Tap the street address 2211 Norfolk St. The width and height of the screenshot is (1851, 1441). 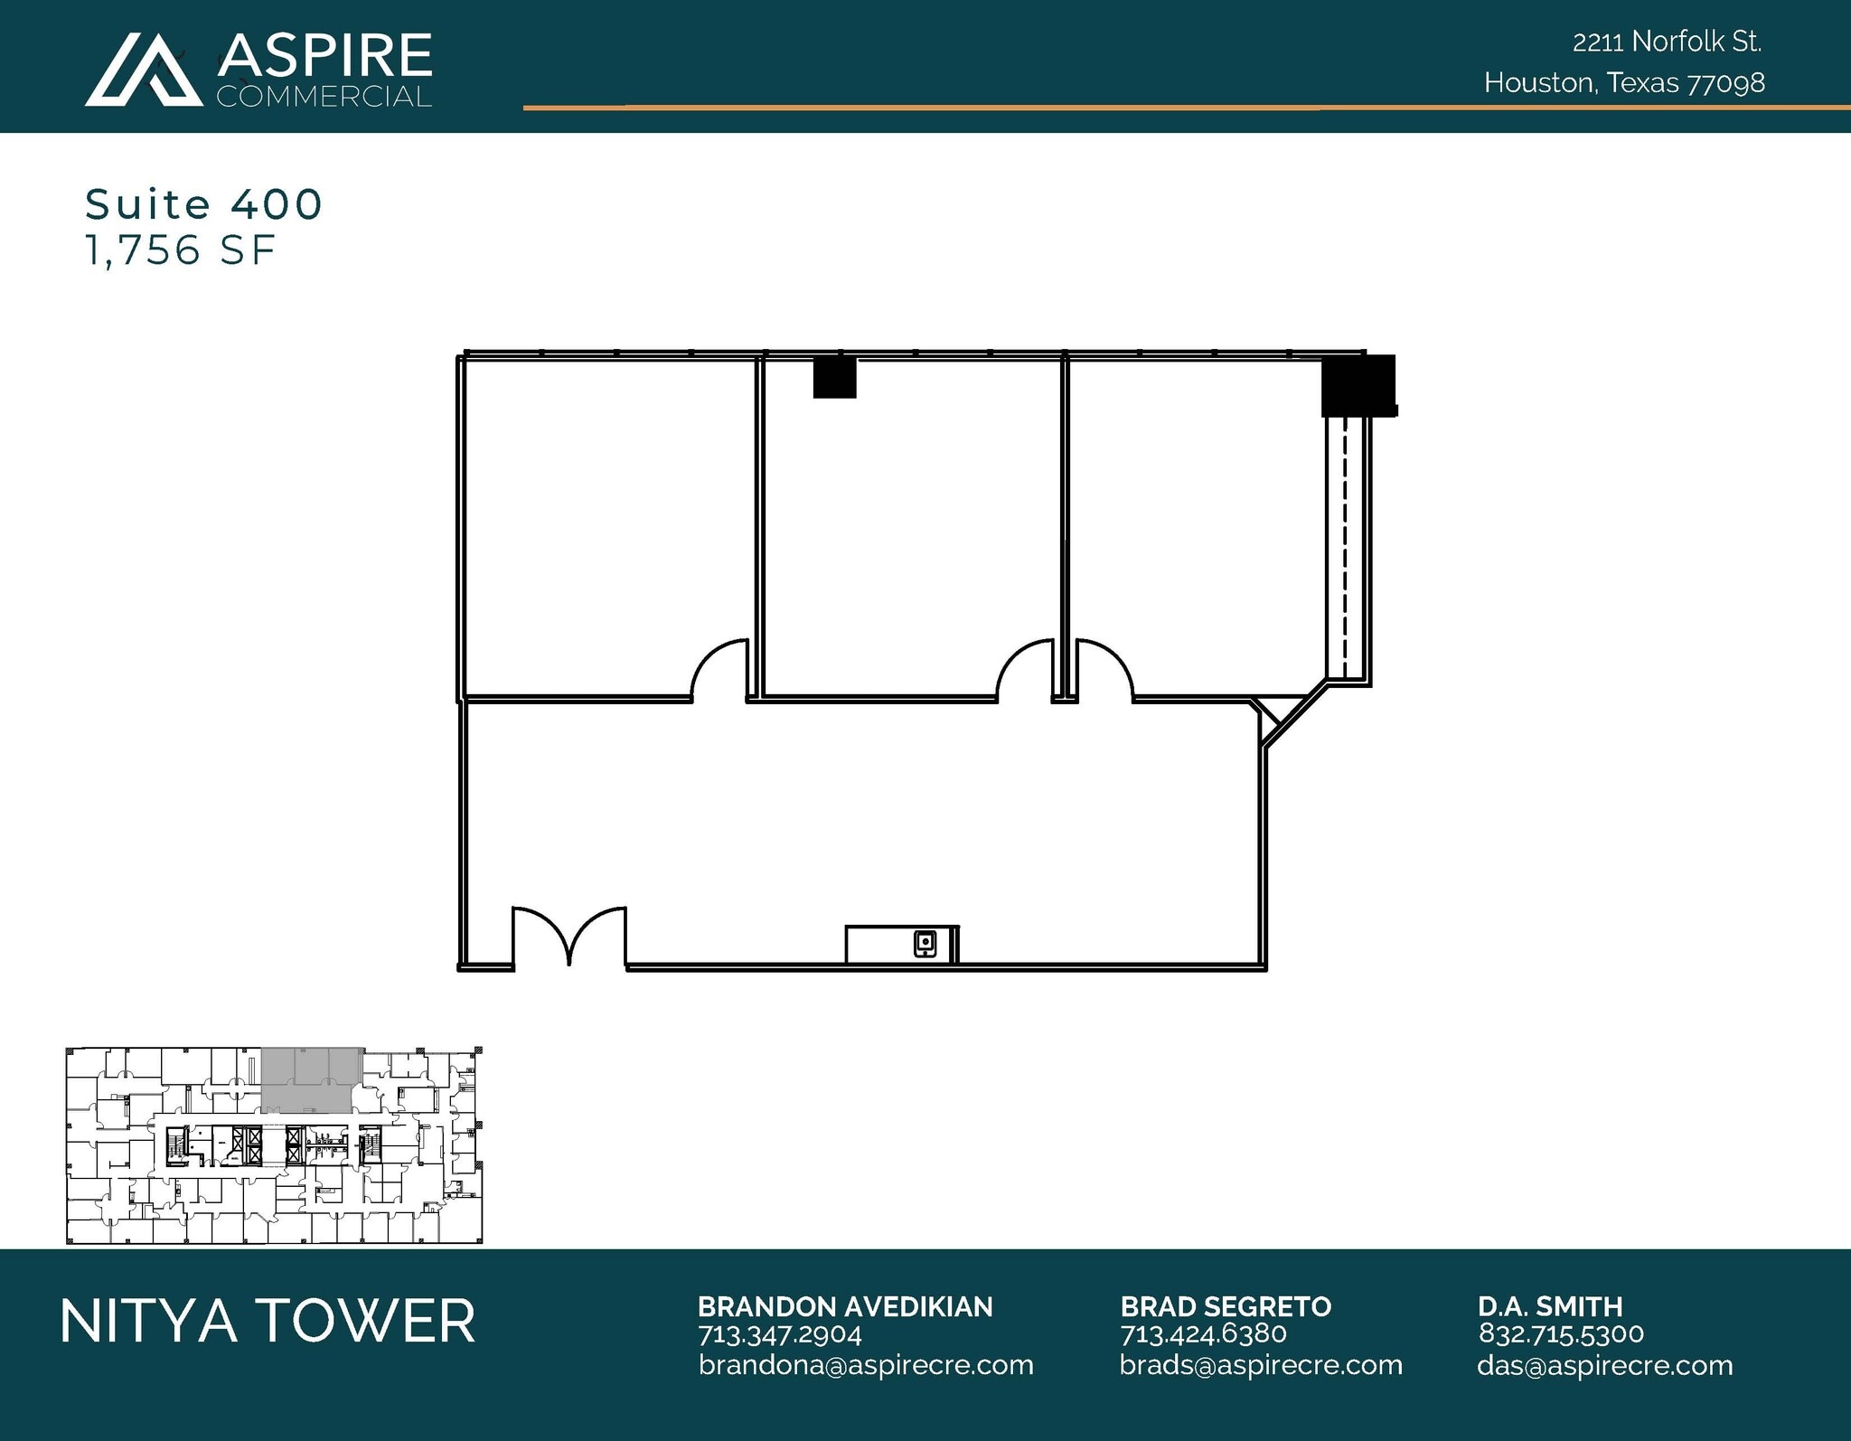1667,42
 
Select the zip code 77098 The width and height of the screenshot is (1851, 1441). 1726,83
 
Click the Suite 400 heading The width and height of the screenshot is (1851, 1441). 203,204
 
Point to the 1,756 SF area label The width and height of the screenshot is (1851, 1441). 180,250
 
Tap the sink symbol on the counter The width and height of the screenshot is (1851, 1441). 925,944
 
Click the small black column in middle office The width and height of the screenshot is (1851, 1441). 834,377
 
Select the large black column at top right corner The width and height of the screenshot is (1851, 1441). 1358,385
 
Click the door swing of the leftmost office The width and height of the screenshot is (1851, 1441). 719,669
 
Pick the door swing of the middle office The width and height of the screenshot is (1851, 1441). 1025,669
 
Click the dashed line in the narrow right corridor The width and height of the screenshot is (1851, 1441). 1345,551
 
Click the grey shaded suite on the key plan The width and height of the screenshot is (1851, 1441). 307,1080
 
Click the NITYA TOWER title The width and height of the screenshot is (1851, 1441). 268,1321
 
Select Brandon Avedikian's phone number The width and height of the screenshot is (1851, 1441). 779,1334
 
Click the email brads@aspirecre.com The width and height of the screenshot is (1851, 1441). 1261,1365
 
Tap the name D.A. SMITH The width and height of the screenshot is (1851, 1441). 1550,1306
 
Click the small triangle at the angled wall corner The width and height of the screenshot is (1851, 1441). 1271,712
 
